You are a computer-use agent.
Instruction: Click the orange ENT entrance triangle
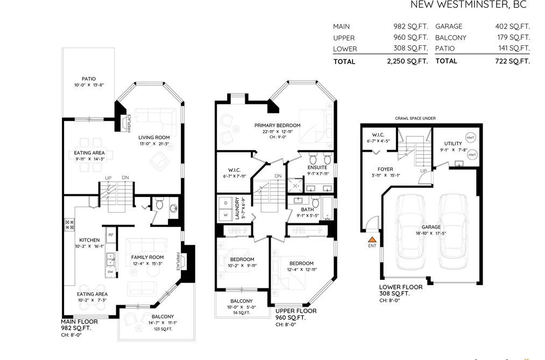pos(372,239)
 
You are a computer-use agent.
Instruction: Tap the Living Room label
pos(154,138)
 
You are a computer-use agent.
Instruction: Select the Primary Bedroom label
pos(278,125)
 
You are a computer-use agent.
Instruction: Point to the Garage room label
pos(431,227)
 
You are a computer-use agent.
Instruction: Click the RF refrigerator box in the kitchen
pos(111,235)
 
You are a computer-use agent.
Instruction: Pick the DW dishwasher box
pos(110,272)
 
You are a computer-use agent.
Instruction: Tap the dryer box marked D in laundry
pos(225,203)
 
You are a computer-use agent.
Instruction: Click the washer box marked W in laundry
pos(225,215)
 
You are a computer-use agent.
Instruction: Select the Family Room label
pos(147,258)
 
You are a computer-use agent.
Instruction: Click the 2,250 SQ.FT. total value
pos(407,61)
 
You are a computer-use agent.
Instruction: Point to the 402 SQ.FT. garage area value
pos(512,26)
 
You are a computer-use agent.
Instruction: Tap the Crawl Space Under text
pos(415,118)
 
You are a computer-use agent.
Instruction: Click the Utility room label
pos(453,144)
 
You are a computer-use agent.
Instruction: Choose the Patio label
pos(89,79)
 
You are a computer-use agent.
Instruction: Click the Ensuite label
pos(317,167)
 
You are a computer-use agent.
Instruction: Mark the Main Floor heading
pos(79,322)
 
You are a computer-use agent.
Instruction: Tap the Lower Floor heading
pos(401,287)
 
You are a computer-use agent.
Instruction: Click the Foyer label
pos(385,169)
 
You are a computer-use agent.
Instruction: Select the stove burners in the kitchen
pos(69,224)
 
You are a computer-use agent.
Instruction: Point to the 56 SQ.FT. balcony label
pos(241,313)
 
